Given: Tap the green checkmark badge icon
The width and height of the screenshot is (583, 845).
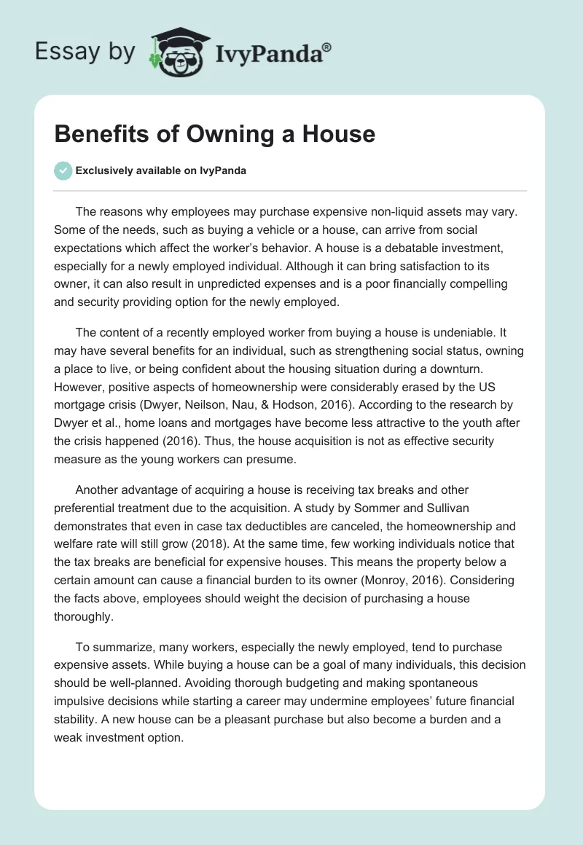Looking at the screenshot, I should point(63,171).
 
